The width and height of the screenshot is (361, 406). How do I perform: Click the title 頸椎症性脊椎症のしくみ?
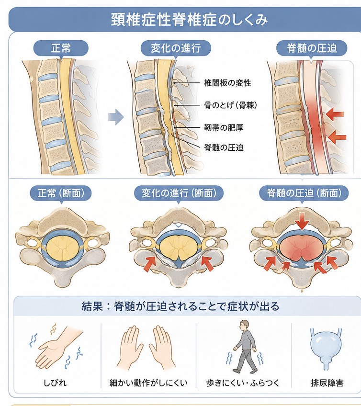(189, 20)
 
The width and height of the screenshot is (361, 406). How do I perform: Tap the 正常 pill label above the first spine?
(61, 48)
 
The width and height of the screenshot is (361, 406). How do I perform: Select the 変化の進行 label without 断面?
(176, 48)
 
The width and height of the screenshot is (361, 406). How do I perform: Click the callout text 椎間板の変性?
(227, 83)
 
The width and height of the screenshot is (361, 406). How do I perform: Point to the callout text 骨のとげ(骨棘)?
(230, 105)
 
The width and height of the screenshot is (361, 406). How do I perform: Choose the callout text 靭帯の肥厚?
(224, 127)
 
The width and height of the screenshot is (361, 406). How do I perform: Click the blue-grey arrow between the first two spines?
(116, 117)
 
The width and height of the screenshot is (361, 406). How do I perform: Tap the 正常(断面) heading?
(61, 193)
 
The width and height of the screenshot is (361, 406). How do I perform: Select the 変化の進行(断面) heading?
(179, 193)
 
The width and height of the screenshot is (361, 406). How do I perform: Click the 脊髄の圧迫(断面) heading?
(304, 193)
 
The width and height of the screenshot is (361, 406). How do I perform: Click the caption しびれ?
(55, 383)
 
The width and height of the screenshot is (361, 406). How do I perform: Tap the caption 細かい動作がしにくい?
(148, 383)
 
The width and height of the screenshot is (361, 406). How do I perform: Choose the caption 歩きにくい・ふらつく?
(243, 383)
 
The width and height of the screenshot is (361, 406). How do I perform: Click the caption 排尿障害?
(327, 383)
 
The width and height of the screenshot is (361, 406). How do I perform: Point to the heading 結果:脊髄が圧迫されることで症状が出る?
(180, 306)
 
